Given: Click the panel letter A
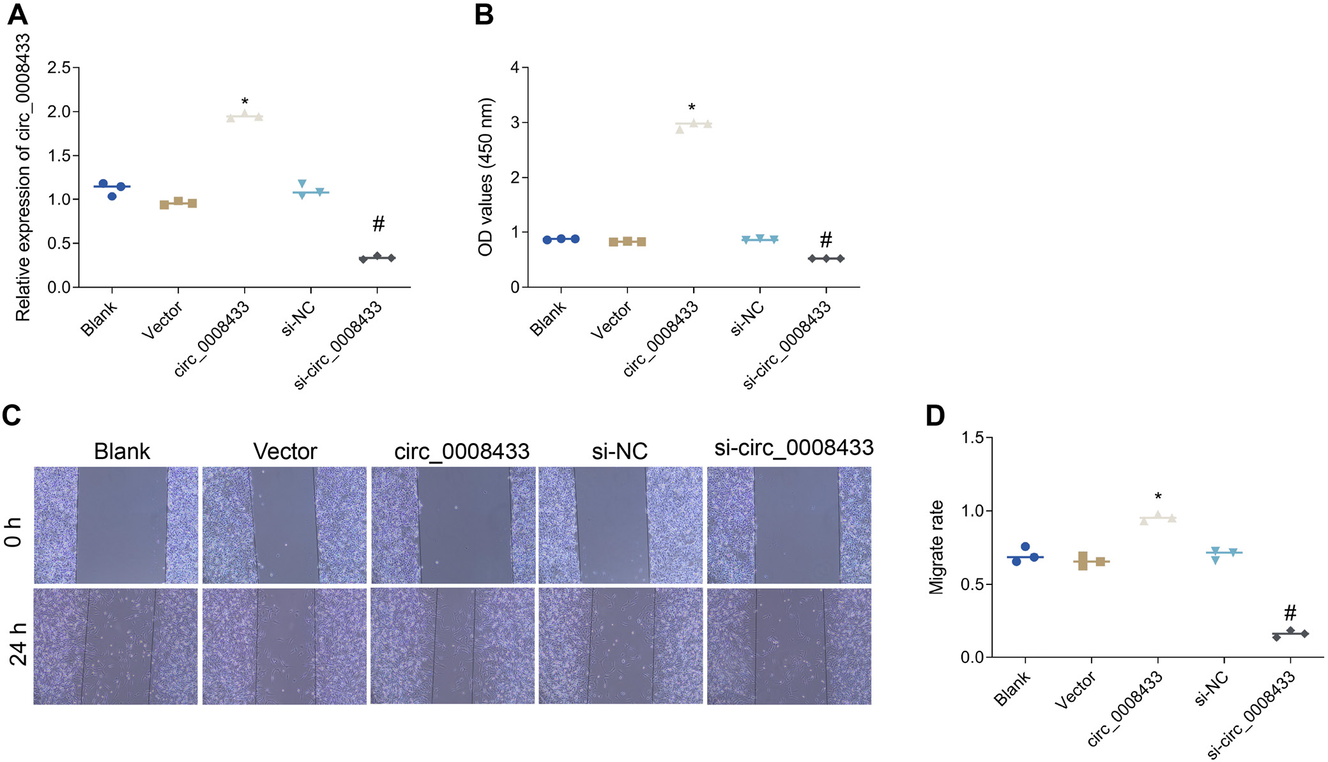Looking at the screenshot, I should tap(18, 14).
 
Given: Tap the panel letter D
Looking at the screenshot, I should tap(935, 416).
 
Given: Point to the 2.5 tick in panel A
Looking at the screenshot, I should tap(59, 68).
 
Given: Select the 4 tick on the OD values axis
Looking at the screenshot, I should tap(515, 68).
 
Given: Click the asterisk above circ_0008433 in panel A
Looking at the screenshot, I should tap(245, 102).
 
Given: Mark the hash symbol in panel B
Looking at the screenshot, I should tap(825, 240).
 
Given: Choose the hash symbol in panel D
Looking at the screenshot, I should tap(1290, 614).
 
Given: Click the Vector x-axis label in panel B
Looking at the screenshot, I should tap(610, 320).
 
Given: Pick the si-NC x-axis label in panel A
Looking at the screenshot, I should tap(298, 318).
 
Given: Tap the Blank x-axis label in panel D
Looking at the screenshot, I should tap(1012, 688).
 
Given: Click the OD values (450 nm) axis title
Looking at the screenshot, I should tap(485, 177).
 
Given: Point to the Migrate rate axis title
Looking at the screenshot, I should tap(936, 547).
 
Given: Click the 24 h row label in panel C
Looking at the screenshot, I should tap(18, 644).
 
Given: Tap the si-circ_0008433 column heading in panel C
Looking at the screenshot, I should tap(793, 447).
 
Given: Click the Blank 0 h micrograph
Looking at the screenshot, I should tap(116, 525).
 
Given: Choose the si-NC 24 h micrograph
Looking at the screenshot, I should tap(620, 646).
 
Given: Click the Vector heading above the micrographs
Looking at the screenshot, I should tap(285, 451).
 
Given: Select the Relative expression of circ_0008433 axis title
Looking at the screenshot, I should tap(23, 177).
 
